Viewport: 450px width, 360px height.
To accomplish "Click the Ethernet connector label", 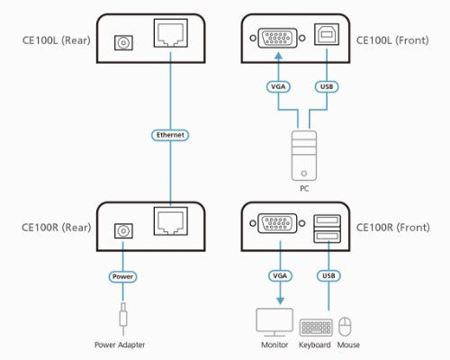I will (171, 135).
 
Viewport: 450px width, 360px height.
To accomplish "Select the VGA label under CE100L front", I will (276, 87).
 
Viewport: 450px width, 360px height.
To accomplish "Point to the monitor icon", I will (276, 322).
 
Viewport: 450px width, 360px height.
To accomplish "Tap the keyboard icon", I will (315, 325).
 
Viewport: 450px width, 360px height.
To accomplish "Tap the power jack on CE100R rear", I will (120, 229).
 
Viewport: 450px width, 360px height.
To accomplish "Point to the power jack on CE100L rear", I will (120, 40).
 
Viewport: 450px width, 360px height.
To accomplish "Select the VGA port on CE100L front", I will (276, 40).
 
